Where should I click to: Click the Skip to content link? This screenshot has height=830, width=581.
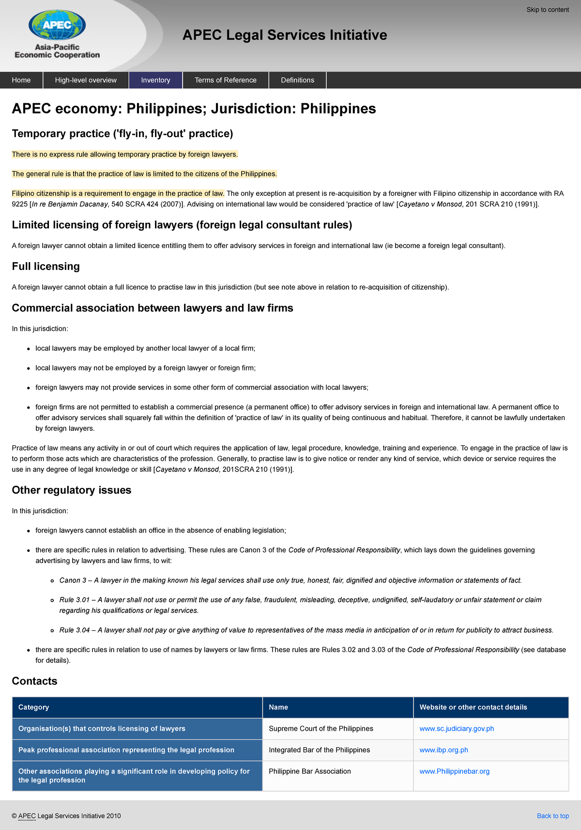(547, 10)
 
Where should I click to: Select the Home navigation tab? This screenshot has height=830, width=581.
(21, 80)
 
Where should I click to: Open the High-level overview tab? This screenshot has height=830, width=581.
(86, 80)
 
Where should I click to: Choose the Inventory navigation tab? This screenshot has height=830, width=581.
(155, 80)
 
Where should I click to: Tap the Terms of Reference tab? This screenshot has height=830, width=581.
(226, 80)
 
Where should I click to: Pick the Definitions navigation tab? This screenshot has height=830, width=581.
(297, 80)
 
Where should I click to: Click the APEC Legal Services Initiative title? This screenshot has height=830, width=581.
(285, 35)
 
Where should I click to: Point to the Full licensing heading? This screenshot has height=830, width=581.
(46, 266)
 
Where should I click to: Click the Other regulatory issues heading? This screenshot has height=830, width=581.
(72, 490)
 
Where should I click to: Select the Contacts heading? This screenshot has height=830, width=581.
(34, 681)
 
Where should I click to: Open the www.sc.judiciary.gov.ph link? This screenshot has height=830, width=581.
(457, 729)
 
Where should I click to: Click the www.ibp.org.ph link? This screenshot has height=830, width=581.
(443, 750)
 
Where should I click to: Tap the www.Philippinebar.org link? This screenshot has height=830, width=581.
(454, 771)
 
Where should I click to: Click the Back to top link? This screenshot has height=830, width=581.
(552, 816)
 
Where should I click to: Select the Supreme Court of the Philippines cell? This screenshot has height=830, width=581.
(321, 729)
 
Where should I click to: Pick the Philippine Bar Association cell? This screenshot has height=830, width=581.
(310, 771)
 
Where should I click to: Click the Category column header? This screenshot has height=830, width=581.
(33, 707)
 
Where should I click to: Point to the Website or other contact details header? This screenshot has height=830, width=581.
(473, 707)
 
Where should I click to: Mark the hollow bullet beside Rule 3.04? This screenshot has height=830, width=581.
(52, 630)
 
